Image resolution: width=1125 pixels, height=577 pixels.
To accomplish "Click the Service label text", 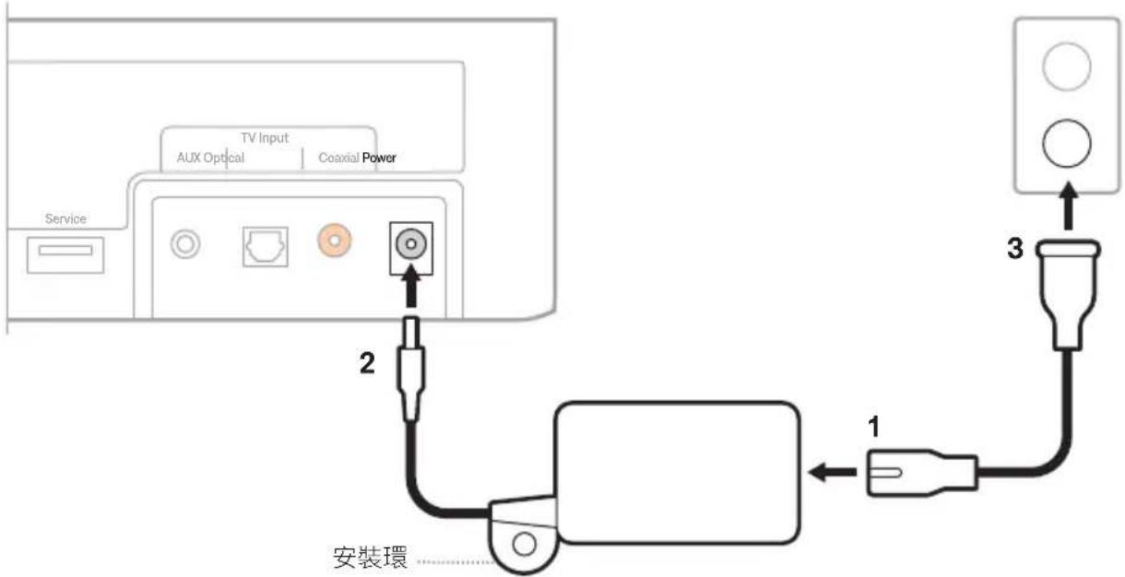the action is (x=65, y=219).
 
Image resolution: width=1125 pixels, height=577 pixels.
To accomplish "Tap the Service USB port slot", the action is (x=65, y=250).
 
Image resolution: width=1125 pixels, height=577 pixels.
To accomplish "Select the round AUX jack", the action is (x=185, y=244).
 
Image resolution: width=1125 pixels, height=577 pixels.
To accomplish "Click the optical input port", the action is (x=266, y=247).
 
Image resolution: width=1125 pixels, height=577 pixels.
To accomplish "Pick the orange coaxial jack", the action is (x=335, y=241).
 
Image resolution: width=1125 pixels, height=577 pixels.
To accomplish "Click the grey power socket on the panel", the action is (x=411, y=244).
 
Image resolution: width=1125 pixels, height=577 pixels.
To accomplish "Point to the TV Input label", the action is (x=265, y=137).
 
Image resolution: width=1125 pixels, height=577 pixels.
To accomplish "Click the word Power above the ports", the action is (x=379, y=158).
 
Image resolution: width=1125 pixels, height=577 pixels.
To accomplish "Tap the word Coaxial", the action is (x=339, y=158).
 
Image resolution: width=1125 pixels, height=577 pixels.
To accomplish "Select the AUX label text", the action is (x=189, y=158).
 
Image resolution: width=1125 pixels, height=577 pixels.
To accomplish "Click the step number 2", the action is (x=367, y=363).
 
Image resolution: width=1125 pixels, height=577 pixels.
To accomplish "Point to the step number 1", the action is (x=874, y=427).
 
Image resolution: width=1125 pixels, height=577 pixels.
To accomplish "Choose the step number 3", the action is (x=1015, y=248).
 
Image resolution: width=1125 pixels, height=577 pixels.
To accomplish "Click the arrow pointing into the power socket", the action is (x=411, y=287).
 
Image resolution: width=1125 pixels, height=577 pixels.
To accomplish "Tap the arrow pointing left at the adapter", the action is (x=833, y=472).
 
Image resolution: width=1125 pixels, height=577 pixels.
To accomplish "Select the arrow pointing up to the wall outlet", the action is (x=1069, y=206).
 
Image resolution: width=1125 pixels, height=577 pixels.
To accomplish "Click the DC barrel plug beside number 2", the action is (x=411, y=369).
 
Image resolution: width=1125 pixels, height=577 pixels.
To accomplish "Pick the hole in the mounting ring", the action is (x=524, y=545).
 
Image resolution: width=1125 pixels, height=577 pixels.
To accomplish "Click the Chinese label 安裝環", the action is (x=370, y=558).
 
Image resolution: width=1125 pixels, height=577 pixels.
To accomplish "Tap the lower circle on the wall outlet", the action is (x=1066, y=143).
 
